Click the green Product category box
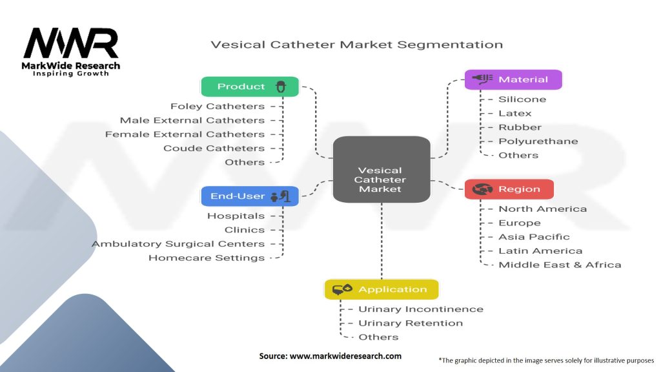pos(250,87)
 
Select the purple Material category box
pos(513,79)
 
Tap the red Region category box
pos(509,189)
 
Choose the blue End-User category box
pos(250,196)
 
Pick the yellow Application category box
pos(381,289)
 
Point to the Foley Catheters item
pos(218,106)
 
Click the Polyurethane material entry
pos(538,141)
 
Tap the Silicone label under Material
pos(522,99)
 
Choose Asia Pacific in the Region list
pos(534,237)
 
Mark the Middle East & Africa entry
pos(560,265)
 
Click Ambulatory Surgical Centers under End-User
pos(178,243)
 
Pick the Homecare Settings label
pos(207,258)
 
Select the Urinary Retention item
pos(411,323)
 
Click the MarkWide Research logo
pos(71,52)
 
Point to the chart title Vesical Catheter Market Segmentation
pos(357,45)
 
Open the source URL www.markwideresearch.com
pos(330,356)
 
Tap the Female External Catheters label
pos(185,134)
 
